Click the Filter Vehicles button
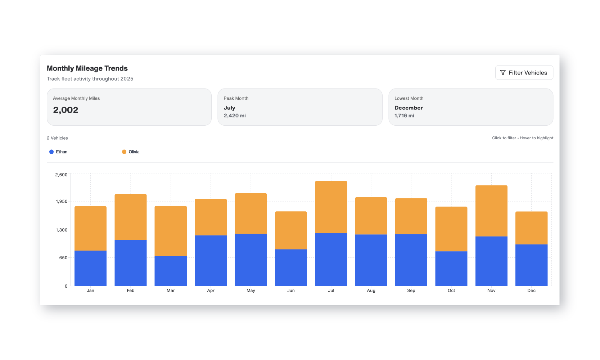pos(524,73)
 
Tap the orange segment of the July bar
pos(331,207)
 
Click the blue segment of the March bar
pos(171,271)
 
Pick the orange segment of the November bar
pos(491,211)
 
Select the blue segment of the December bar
pos(531,265)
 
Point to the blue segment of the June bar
pos(291,267)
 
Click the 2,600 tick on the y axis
pos(61,175)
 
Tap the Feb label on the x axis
pos(130,291)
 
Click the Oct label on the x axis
pos(451,291)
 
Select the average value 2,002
pos(66,110)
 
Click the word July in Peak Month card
pos(229,108)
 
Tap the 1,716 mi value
pos(404,116)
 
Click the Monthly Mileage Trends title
pos(87,68)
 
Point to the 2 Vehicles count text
pos(57,138)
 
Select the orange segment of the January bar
pos(90,228)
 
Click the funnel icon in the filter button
pos(503,73)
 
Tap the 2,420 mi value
pos(235,116)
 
